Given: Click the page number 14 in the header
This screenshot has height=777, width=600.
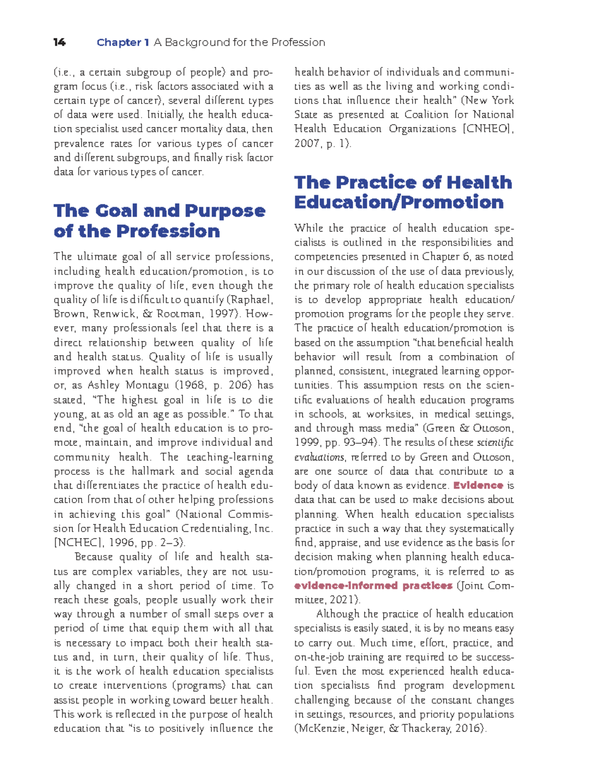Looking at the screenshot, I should (59, 43).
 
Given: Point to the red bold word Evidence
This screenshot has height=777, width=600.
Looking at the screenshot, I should (478, 485).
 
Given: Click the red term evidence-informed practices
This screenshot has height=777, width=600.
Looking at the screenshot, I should (373, 585).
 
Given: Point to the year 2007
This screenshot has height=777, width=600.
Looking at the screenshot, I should (306, 144).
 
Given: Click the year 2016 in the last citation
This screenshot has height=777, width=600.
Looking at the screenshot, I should (467, 728).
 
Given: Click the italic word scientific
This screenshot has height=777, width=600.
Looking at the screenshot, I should (495, 442).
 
